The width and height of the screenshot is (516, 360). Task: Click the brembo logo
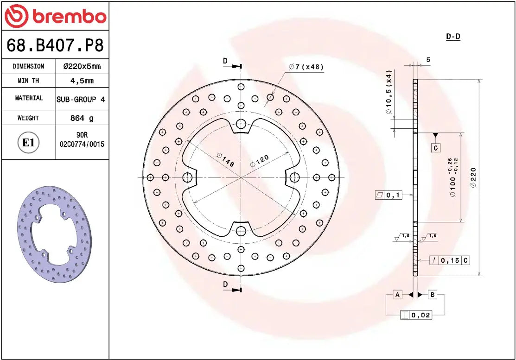[55, 16]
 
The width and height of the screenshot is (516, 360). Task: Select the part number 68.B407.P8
[55, 45]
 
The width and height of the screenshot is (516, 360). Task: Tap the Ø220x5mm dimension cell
[82, 66]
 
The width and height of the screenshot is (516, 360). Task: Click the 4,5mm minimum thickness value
[82, 81]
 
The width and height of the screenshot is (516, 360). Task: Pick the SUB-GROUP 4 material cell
[81, 99]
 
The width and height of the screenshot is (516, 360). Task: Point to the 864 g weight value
[82, 118]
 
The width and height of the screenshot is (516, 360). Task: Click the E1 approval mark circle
[29, 142]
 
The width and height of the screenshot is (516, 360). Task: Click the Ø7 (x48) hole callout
[306, 67]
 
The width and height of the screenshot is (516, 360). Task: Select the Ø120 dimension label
[259, 160]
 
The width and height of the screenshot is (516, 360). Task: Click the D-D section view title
[453, 37]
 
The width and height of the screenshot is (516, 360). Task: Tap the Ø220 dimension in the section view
[473, 177]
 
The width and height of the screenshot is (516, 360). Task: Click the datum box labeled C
[435, 148]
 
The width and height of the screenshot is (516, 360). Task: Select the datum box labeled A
[397, 295]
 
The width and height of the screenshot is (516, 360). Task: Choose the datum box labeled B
[432, 295]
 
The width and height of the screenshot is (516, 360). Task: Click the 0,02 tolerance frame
[416, 315]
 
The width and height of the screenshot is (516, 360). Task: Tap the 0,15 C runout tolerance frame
[449, 260]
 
